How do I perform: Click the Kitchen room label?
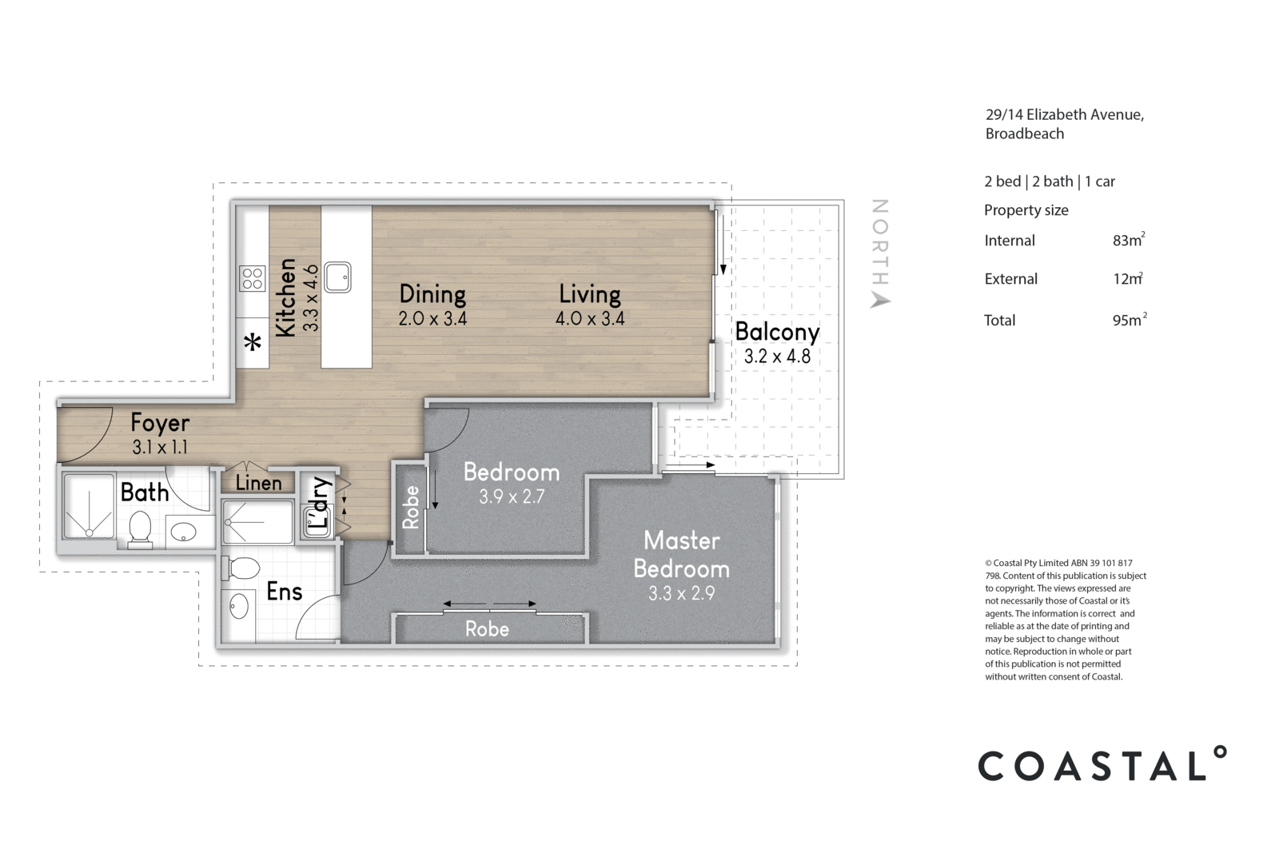(285, 297)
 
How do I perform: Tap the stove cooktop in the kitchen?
(253, 278)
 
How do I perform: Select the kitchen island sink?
(337, 277)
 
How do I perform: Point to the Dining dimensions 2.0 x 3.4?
(432, 318)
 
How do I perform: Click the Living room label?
(590, 293)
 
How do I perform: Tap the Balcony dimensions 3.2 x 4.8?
(777, 356)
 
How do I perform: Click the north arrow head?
(880, 300)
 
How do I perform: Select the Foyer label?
(160, 422)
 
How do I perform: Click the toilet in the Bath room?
(141, 529)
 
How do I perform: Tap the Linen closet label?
(258, 483)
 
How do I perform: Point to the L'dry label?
(320, 504)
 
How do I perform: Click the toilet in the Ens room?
(241, 568)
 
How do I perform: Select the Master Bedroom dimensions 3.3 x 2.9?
(681, 593)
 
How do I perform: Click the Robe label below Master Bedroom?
(487, 629)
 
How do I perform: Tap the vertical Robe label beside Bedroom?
(411, 508)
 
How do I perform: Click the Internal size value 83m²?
(1128, 240)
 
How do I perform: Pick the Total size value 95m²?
(1128, 320)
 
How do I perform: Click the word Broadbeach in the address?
(1024, 134)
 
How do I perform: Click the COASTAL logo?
(1102, 764)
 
